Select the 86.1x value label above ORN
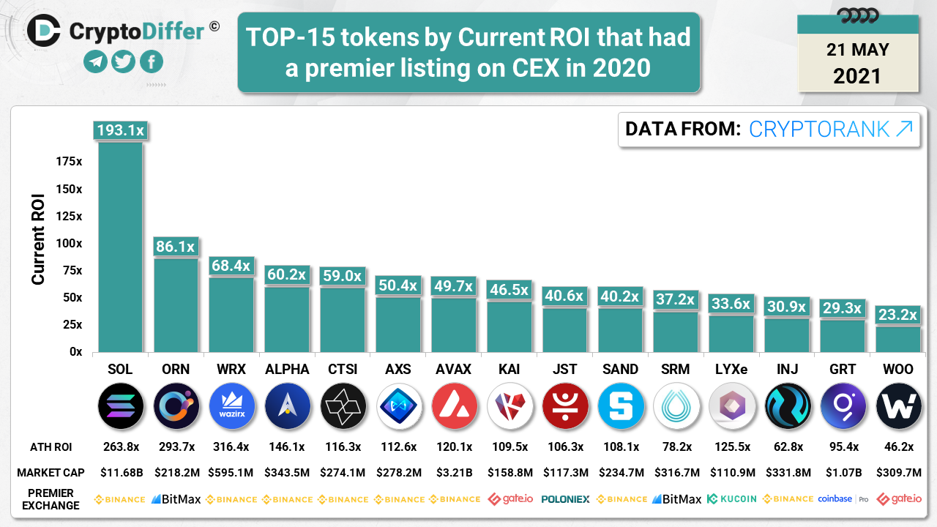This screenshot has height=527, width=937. pyautogui.click(x=176, y=247)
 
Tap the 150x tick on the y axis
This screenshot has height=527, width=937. pyautogui.click(x=69, y=190)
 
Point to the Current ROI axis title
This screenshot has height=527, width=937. pyautogui.click(x=38, y=239)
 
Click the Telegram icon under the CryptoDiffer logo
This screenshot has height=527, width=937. pyautogui.click(x=95, y=61)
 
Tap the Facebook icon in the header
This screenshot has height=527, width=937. pyautogui.click(x=151, y=61)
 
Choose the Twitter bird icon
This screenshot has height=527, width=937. pyautogui.click(x=123, y=61)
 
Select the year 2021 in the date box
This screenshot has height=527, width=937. pyautogui.click(x=857, y=75)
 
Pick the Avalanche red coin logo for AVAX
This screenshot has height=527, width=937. pyautogui.click(x=454, y=406)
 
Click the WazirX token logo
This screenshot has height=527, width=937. pyautogui.click(x=231, y=406)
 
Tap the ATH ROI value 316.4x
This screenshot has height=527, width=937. pyautogui.click(x=231, y=447)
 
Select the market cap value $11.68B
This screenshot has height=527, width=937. pyautogui.click(x=120, y=473)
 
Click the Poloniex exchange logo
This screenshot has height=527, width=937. pyautogui.click(x=565, y=499)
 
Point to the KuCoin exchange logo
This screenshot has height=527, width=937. pyautogui.click(x=731, y=499)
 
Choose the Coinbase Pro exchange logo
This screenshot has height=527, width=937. pyautogui.click(x=843, y=499)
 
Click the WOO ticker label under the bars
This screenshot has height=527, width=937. pyautogui.click(x=898, y=370)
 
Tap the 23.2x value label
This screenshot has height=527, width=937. pyautogui.click(x=898, y=315)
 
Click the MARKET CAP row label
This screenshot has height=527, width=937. pyautogui.click(x=51, y=473)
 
